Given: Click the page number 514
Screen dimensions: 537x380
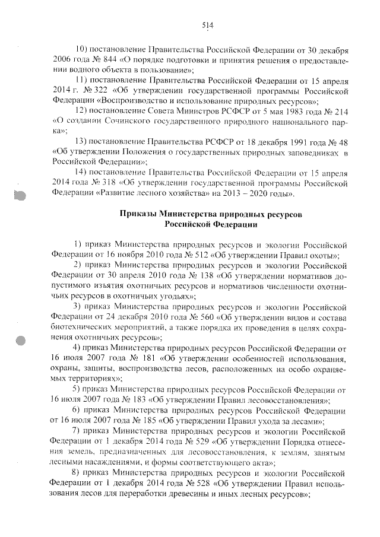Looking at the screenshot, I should pyautogui.click(x=207, y=25).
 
